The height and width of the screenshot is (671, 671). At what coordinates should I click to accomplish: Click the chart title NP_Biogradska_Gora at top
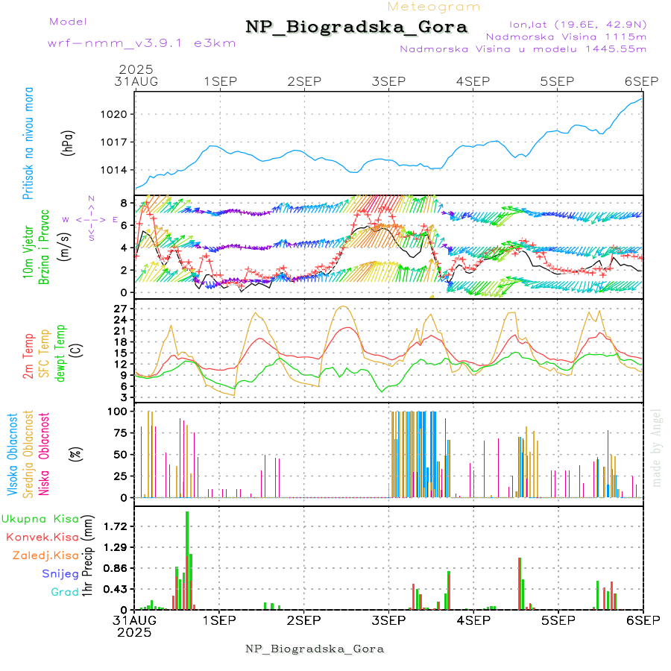(x=356, y=28)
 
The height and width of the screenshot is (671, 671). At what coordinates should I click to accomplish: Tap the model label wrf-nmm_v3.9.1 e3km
(x=142, y=43)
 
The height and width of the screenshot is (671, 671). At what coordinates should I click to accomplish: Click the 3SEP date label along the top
(x=388, y=81)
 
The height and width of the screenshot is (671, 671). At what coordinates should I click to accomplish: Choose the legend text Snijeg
(x=60, y=573)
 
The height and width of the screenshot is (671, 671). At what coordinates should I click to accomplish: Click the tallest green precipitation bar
(x=187, y=559)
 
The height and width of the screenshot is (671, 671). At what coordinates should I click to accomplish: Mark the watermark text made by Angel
(x=656, y=447)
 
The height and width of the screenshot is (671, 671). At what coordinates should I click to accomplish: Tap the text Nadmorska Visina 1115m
(x=566, y=36)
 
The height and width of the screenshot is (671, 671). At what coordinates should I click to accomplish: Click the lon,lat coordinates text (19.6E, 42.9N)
(x=577, y=24)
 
